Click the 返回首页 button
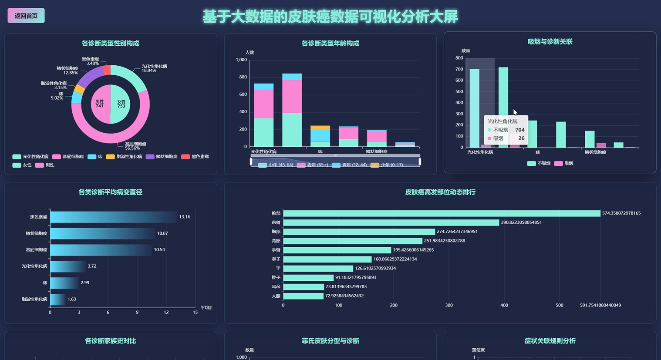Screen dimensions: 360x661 (26, 16)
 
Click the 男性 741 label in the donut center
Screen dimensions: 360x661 (100, 104)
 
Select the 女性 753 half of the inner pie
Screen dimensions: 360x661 (121, 104)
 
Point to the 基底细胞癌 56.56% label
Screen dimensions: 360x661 (135, 146)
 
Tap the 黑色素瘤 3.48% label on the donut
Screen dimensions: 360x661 (91, 61)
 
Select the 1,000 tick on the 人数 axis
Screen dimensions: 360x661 (241, 60)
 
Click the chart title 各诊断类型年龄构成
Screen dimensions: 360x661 (330, 43)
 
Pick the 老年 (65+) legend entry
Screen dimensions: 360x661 (313, 165)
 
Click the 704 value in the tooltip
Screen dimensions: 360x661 (519, 130)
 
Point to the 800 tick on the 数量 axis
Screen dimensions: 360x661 (459, 58)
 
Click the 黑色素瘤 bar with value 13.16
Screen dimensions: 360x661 (113, 217)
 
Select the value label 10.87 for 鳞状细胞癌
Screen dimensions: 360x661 (162, 233)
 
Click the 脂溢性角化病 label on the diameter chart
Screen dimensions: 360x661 (34, 299)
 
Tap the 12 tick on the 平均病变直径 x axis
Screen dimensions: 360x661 (166, 313)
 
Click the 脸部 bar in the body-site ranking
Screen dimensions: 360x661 (441, 213)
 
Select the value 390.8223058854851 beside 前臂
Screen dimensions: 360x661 (521, 222)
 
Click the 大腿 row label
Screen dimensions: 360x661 (276, 296)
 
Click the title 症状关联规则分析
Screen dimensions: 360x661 (550, 341)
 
